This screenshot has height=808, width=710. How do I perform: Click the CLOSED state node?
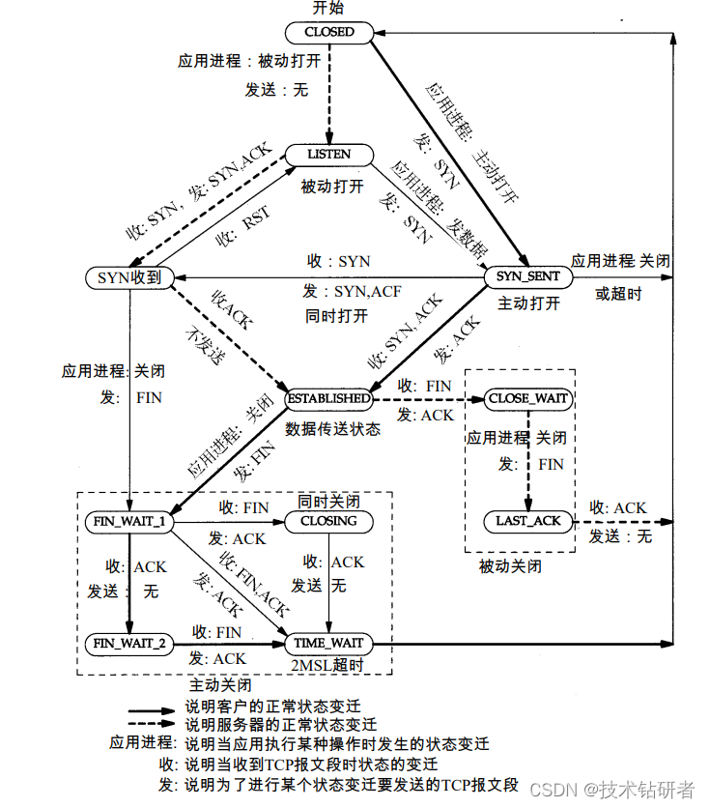(329, 32)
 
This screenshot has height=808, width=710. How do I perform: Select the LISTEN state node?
(329, 155)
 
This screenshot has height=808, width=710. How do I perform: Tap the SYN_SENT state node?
(527, 276)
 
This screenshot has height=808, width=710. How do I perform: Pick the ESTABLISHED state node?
(328, 397)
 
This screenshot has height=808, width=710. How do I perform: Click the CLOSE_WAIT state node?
(528, 398)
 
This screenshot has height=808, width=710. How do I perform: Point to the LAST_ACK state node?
(528, 521)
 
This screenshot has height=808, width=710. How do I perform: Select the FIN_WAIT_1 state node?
(128, 521)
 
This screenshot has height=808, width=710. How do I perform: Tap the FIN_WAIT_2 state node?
(128, 643)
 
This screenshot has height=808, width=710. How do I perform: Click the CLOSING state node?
(329, 521)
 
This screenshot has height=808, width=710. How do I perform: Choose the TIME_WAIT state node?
(329, 643)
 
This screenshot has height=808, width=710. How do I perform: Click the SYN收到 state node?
(128, 277)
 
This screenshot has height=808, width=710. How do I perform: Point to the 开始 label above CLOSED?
(328, 9)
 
